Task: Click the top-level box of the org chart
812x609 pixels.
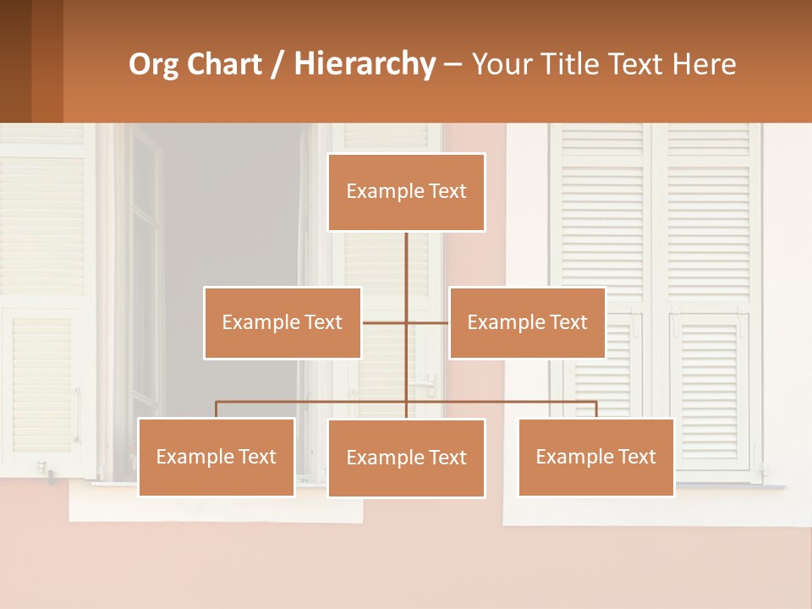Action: pyautogui.click(x=406, y=192)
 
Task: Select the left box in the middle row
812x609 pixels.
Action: pyautogui.click(x=283, y=322)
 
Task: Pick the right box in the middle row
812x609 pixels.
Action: pyautogui.click(x=527, y=322)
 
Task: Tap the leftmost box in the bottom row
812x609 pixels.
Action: pyautogui.click(x=217, y=457)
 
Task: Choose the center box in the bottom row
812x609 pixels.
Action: pyautogui.click(x=406, y=458)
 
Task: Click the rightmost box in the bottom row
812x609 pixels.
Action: pyautogui.click(x=595, y=457)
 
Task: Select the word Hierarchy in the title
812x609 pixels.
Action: pyautogui.click(x=364, y=64)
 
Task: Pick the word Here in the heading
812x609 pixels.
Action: pyautogui.click(x=704, y=64)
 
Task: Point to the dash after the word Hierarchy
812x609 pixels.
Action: pyautogui.click(x=453, y=65)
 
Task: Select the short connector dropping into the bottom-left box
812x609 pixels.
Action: pyautogui.click(x=217, y=409)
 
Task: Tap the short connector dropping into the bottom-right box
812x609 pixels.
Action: pyautogui.click(x=596, y=409)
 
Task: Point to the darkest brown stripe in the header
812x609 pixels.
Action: pyautogui.click(x=15, y=61)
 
